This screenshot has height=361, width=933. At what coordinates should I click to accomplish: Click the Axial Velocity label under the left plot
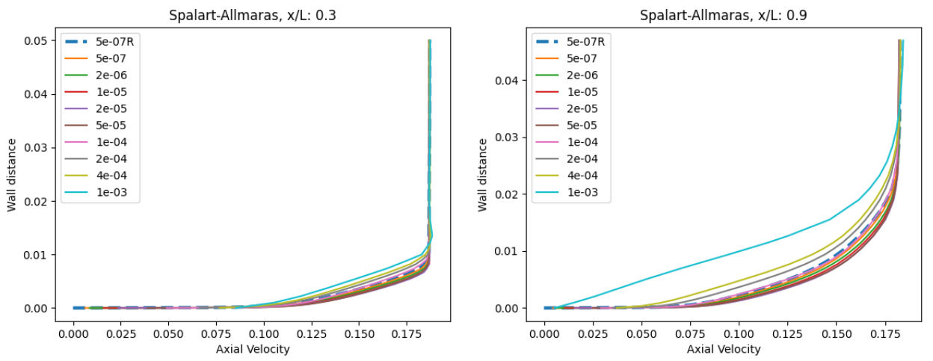252,348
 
